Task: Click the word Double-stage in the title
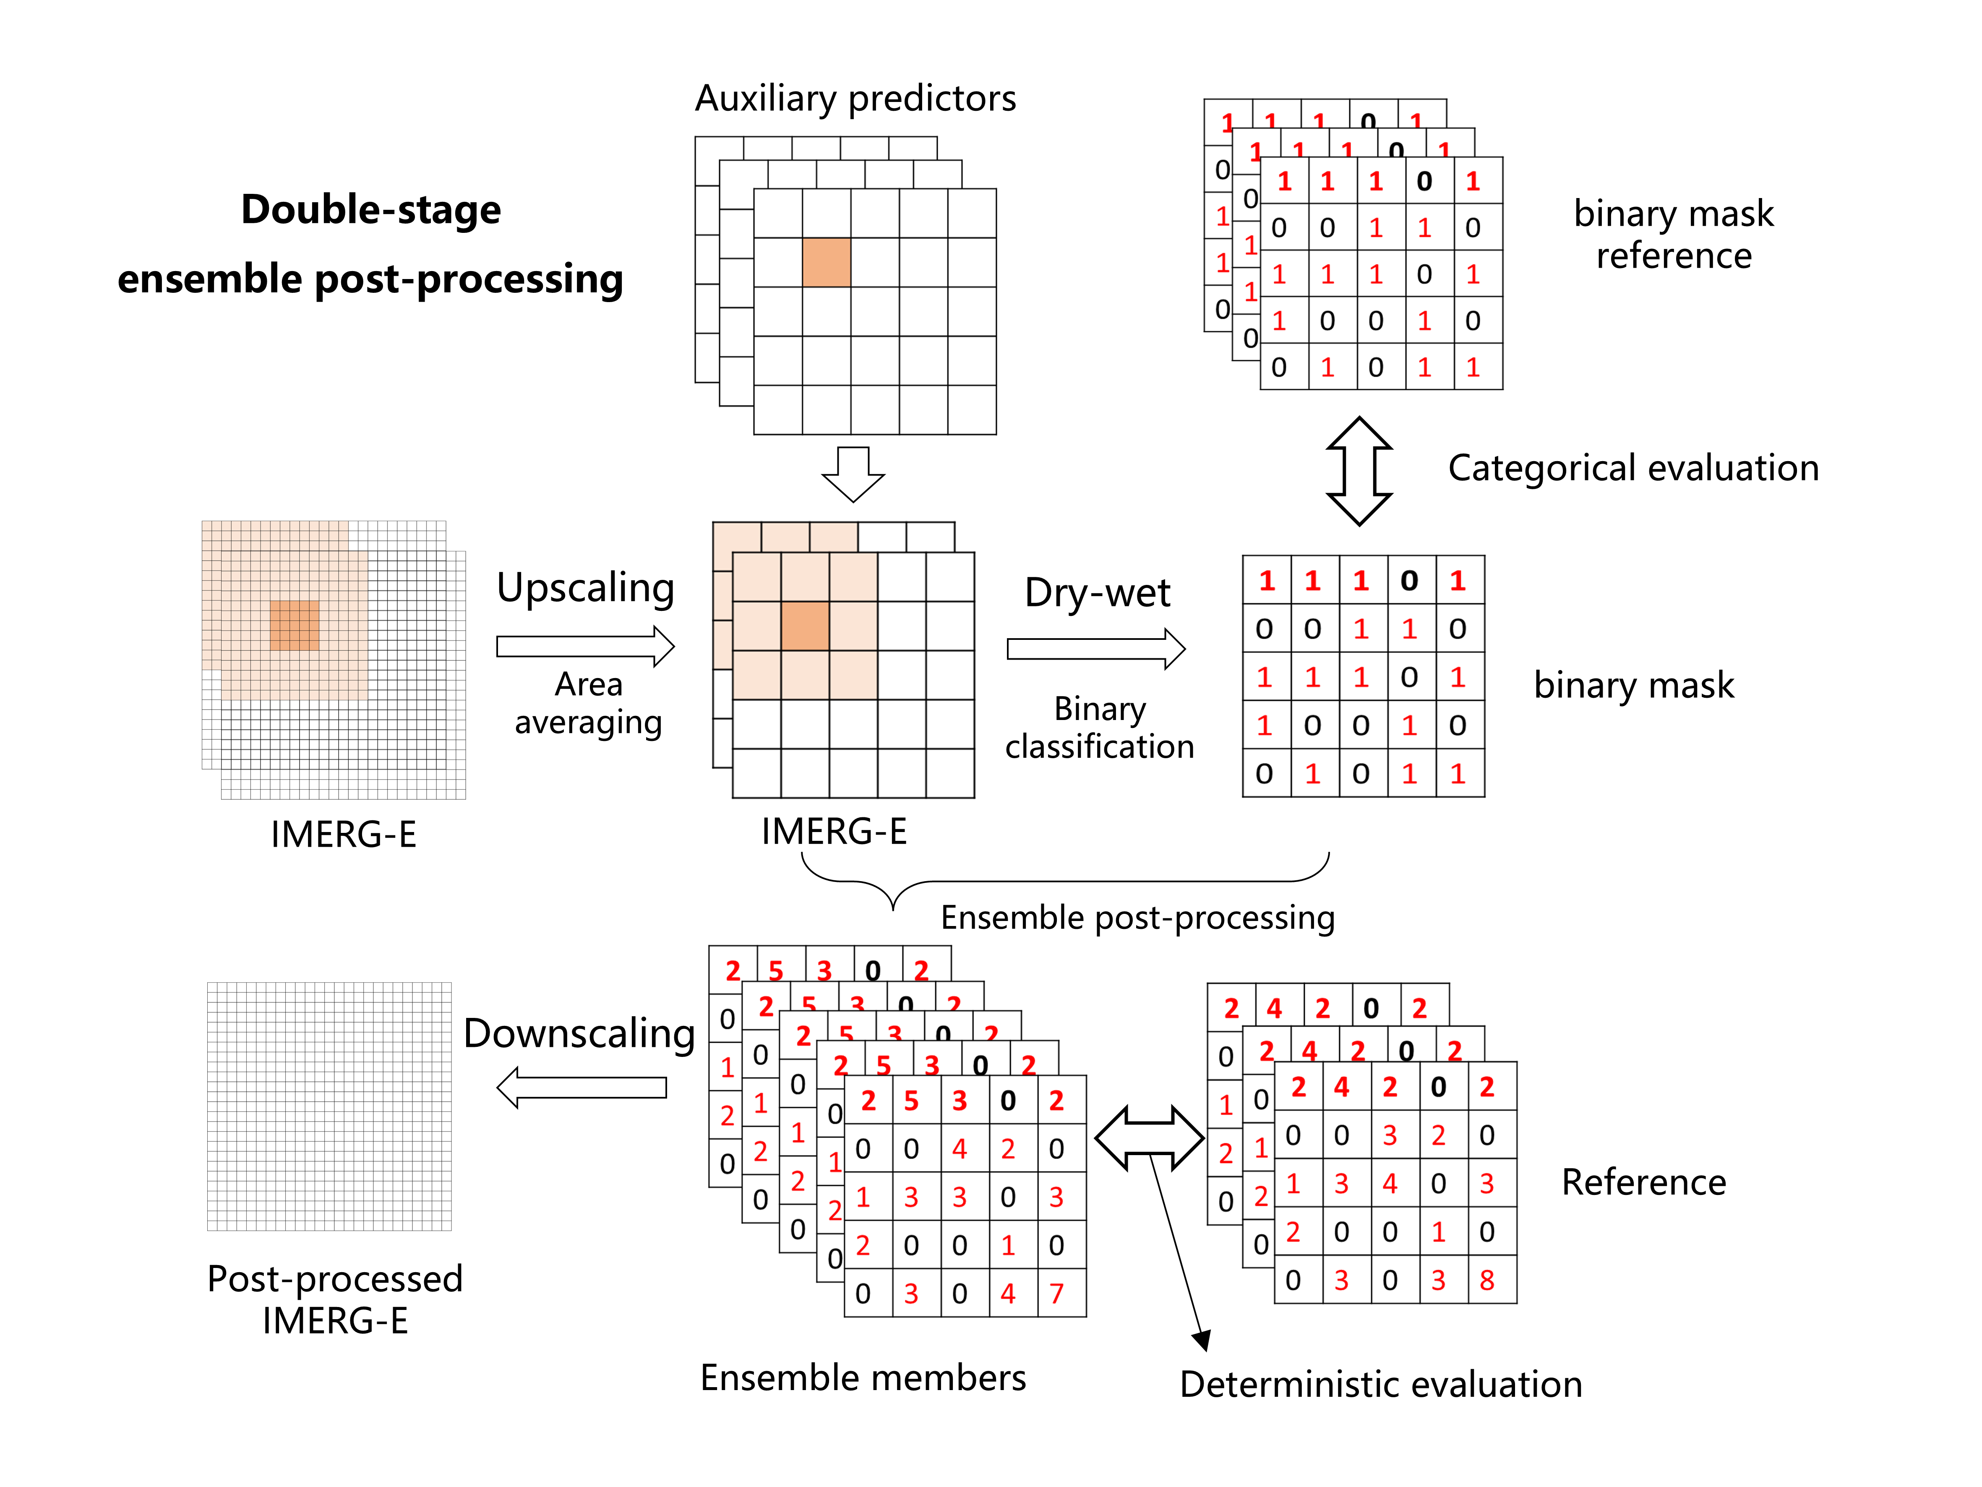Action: [x=371, y=210]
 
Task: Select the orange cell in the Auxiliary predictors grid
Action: [x=826, y=263]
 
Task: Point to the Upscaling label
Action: [x=585, y=588]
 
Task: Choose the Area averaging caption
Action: [x=588, y=703]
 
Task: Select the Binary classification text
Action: [x=1099, y=728]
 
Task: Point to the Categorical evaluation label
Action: [x=1633, y=468]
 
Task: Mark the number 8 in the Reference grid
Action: [x=1486, y=1280]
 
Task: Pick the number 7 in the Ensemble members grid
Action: [x=1056, y=1294]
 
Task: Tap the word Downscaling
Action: [x=579, y=1033]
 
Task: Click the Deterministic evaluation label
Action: [x=1380, y=1384]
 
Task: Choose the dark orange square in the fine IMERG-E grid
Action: [x=294, y=625]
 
